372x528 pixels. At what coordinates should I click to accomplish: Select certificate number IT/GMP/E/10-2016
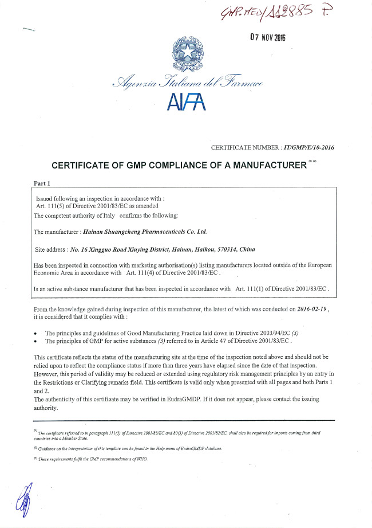pos(308,148)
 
